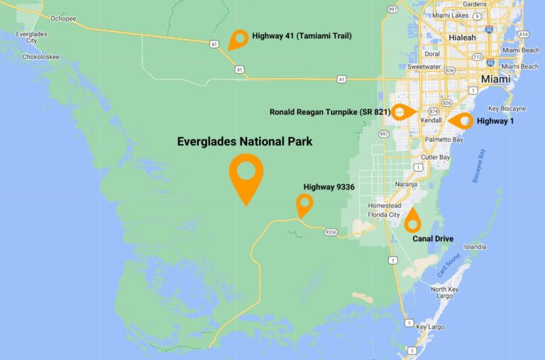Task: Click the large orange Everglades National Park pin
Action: point(246,173)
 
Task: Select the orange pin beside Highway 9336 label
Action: point(304,204)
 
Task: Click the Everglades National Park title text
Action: point(244,142)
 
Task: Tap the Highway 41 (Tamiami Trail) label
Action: point(302,36)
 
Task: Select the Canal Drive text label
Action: point(433,239)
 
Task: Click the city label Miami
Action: point(495,80)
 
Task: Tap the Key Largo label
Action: point(431,327)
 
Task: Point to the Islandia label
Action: point(475,246)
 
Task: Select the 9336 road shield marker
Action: point(331,232)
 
